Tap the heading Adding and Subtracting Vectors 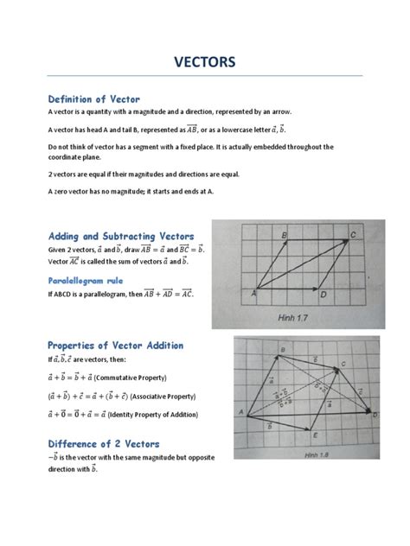[121, 236]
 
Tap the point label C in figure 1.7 [353, 234]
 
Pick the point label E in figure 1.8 [315, 436]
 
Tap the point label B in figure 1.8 [283, 349]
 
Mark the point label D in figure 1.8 [375, 416]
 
